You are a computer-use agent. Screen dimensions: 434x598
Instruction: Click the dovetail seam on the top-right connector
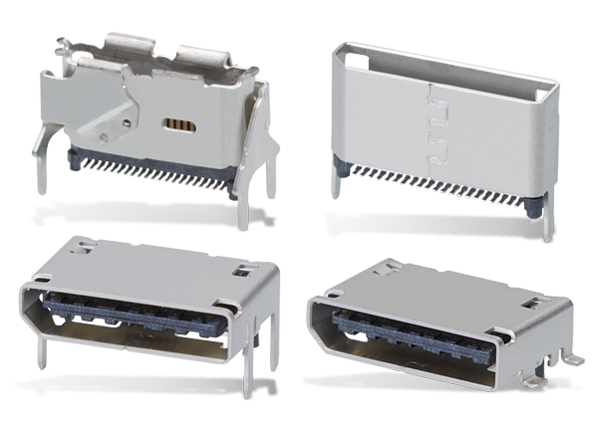coord(432,123)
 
